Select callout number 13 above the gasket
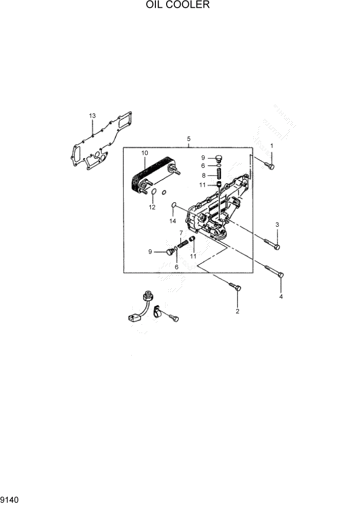pos(92,116)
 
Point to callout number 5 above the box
pos(189,139)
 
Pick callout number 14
pos(173,221)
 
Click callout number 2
pos(237,311)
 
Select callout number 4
pos(281,297)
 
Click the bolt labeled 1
pos(270,166)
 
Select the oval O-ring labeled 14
pos(174,207)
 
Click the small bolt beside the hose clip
pos(175,319)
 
